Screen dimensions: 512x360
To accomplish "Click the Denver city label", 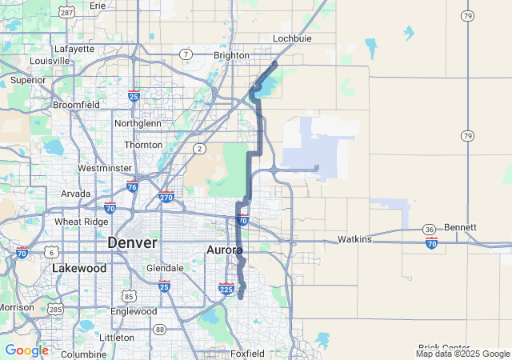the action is point(132,242).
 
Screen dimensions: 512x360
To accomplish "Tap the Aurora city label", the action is point(225,250).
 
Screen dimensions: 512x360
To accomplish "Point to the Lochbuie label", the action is point(291,38).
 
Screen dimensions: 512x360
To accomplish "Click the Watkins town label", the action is point(354,239).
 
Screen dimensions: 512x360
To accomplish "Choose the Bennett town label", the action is point(460,227).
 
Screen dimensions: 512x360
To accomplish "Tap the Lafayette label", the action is point(75,48).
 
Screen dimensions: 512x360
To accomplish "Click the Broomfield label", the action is point(76,105).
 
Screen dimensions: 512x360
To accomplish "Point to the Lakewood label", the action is point(79,268).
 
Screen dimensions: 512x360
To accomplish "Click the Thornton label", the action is point(143,145).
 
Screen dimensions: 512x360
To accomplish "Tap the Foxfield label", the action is point(246,353).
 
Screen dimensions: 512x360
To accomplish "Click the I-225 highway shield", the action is point(226,289).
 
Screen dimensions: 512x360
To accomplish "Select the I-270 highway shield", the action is point(166,197).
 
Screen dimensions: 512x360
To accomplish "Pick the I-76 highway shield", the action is point(132,186).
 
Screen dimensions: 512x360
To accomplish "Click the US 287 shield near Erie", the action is point(67,13).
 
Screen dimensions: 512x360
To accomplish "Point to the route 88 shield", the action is point(160,330).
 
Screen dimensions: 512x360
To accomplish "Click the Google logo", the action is point(26,350).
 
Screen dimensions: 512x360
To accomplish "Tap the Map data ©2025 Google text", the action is point(462,354).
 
